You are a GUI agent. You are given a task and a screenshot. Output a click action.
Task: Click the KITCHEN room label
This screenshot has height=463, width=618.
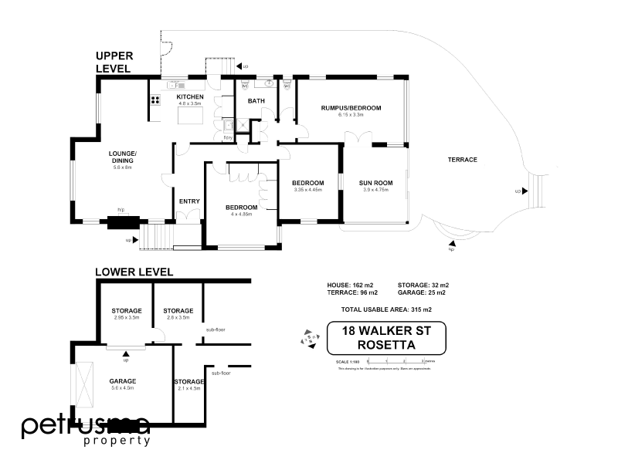point(189,97)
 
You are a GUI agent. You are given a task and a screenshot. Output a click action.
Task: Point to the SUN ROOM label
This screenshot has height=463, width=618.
point(376,183)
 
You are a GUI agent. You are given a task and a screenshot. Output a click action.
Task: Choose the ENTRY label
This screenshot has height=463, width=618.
point(189,201)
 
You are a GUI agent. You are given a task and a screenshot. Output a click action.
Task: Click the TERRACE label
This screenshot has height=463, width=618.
point(463,160)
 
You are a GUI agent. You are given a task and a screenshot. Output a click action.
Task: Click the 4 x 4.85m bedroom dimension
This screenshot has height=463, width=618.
point(241,214)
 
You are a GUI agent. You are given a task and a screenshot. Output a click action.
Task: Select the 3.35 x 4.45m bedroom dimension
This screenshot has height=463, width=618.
point(307,189)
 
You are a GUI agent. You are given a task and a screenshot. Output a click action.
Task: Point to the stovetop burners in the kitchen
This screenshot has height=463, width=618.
point(154,99)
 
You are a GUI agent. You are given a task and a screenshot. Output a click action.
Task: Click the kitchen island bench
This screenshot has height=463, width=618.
point(190,116)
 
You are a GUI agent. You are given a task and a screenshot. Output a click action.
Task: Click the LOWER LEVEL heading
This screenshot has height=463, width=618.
point(134,272)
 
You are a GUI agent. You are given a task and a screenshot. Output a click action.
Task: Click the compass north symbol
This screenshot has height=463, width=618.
point(308,338)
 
